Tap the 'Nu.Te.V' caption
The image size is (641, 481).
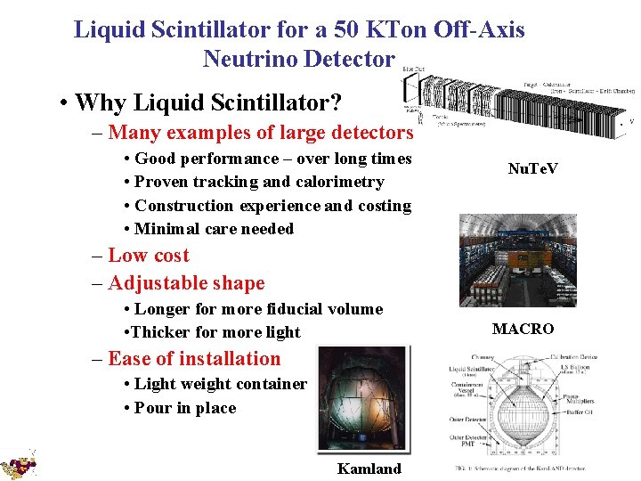[532, 167]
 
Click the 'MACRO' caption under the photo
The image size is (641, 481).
[523, 329]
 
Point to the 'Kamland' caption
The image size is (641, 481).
[369, 469]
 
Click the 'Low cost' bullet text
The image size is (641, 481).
[148, 256]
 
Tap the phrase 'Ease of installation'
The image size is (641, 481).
[193, 359]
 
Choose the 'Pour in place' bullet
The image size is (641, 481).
[185, 408]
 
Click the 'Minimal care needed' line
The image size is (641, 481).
[214, 229]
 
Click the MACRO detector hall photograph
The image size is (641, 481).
[517, 260]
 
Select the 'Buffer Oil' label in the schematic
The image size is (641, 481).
[580, 413]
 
